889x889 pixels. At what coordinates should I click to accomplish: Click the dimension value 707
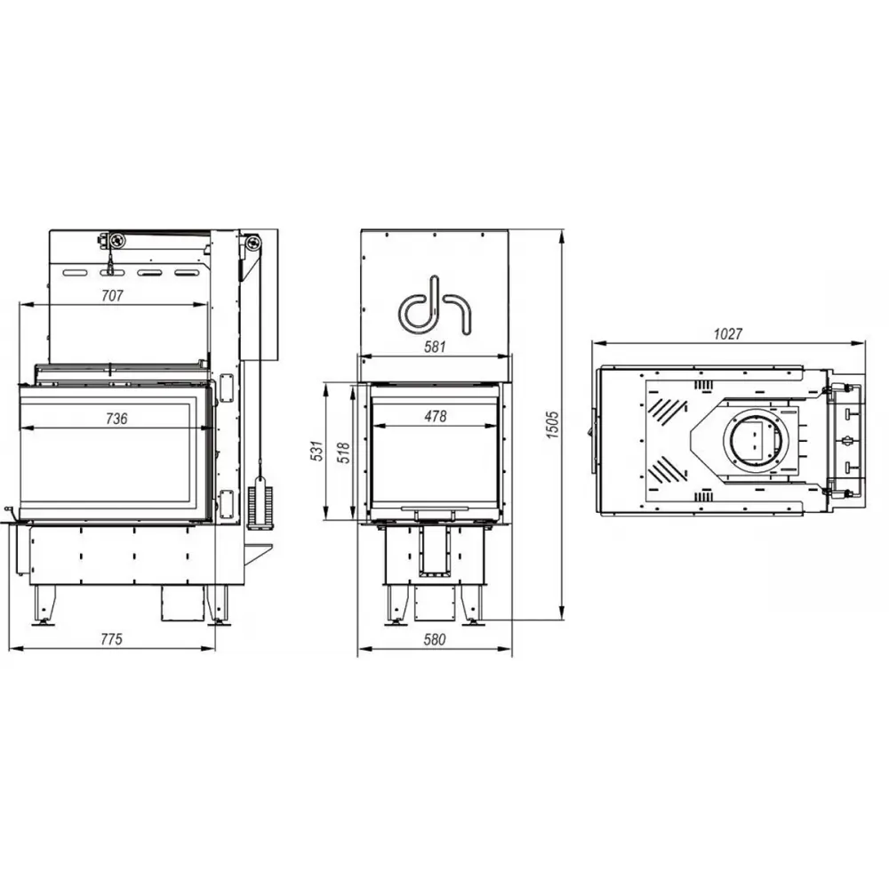pos(113,295)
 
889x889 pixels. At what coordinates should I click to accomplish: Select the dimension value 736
pos(116,418)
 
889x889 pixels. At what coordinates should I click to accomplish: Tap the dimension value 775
pos(110,638)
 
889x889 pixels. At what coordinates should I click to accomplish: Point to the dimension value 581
pos(435,347)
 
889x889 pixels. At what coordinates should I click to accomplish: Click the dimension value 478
pos(435,416)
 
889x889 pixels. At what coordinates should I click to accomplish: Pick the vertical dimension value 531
pos(316,452)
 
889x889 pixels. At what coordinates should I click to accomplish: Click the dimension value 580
pos(435,639)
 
